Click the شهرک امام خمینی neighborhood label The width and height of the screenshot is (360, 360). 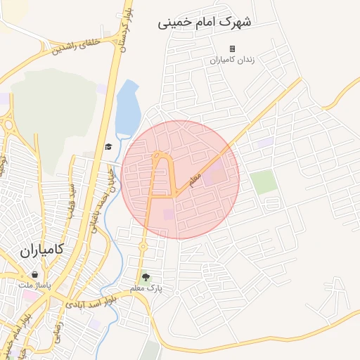(204, 22)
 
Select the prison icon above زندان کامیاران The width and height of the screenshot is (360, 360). (232, 49)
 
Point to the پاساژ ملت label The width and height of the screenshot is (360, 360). (34, 285)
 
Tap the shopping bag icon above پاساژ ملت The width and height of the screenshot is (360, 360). (34, 275)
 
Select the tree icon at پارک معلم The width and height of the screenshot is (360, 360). (146, 278)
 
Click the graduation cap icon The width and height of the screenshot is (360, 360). (108, 147)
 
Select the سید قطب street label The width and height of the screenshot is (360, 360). (70, 200)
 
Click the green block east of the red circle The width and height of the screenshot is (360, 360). (264, 182)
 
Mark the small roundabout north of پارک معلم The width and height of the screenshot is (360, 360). (143, 246)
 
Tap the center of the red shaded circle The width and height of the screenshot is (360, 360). (180, 179)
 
